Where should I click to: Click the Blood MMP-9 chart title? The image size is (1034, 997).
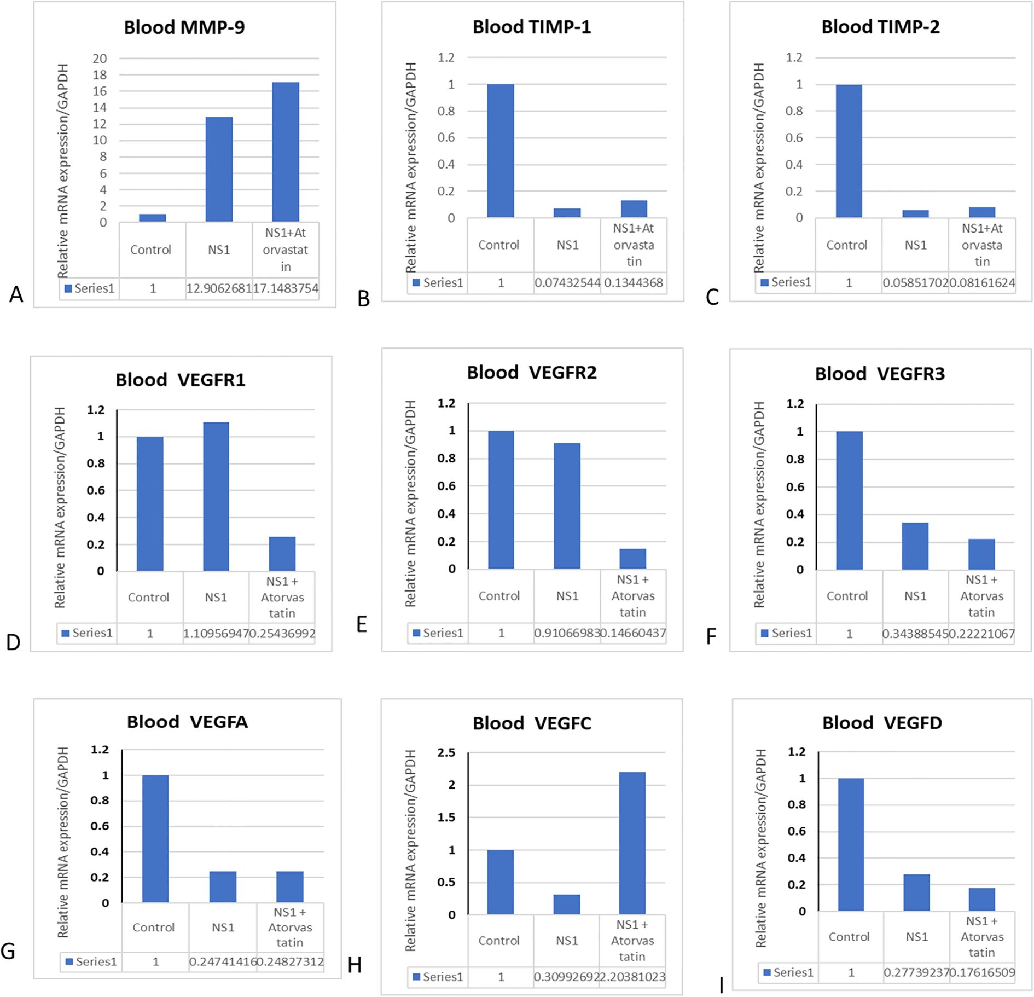184,27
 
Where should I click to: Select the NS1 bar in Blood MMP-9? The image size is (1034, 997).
219,170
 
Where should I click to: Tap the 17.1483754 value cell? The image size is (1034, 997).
286,288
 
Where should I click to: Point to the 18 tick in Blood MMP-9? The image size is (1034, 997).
100,75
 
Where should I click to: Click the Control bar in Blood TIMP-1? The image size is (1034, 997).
500,151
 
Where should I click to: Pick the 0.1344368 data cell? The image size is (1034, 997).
634,283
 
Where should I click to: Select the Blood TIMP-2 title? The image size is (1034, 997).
880,27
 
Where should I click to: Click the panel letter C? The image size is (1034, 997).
712,297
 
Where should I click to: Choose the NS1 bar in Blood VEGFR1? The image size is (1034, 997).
216,497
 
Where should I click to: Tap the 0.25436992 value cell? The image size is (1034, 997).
282,634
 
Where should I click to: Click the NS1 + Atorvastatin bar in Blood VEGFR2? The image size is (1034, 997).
632,559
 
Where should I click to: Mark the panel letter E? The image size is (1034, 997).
362,624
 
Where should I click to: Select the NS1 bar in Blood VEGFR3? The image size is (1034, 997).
915,546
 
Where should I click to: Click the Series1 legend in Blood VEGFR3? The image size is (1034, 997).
786,633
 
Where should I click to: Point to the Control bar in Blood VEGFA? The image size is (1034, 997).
155,839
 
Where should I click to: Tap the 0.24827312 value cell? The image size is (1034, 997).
290,961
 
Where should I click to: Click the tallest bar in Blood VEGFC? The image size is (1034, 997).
632,843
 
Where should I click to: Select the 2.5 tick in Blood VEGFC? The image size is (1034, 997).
446,752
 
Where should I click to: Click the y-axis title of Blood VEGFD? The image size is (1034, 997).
760,848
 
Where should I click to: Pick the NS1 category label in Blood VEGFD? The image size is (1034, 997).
916,936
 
